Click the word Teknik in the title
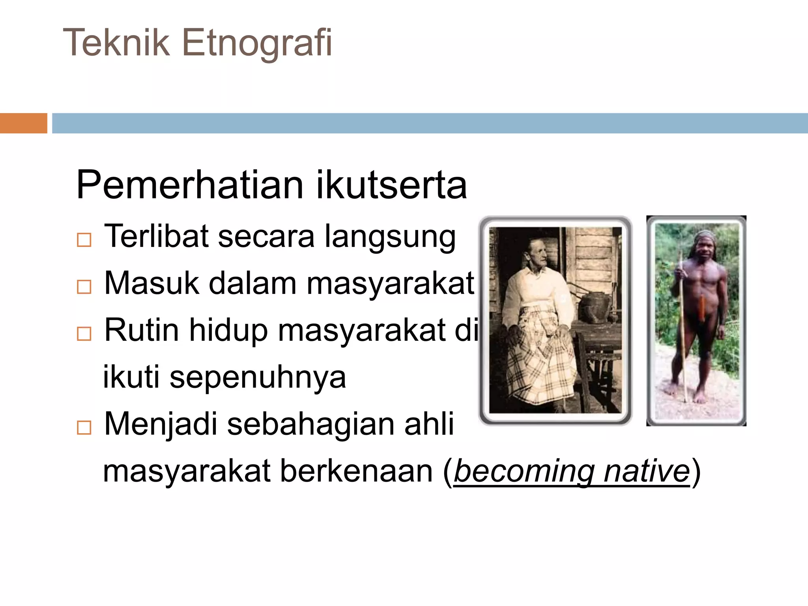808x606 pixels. [x=116, y=43]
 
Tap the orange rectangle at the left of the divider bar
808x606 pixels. [x=23, y=123]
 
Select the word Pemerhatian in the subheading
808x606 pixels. [x=189, y=185]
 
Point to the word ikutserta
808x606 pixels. [x=391, y=185]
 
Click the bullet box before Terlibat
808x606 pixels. [x=84, y=239]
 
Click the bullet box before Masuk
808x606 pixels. [x=84, y=286]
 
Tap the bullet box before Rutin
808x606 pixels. [x=84, y=333]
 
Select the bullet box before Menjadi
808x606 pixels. [x=84, y=427]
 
